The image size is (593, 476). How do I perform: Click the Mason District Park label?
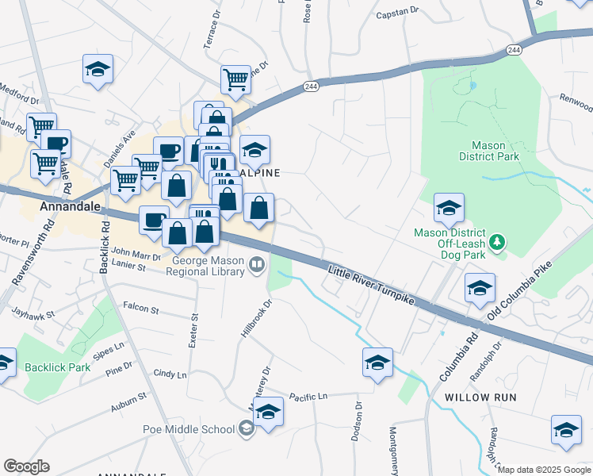(x=495, y=151)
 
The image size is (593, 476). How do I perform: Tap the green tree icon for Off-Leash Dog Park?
(x=498, y=240)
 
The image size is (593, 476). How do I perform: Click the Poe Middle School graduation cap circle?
(x=247, y=429)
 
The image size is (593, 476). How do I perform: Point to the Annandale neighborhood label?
(x=70, y=206)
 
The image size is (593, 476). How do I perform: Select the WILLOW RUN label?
(x=480, y=397)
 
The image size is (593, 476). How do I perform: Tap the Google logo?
(x=26, y=466)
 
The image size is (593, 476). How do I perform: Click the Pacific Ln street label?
(x=308, y=396)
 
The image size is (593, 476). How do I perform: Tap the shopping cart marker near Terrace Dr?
(x=235, y=79)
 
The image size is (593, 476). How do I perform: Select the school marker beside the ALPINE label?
(x=254, y=149)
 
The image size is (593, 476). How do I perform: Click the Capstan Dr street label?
(x=397, y=12)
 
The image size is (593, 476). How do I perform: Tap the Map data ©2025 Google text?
(x=544, y=470)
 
